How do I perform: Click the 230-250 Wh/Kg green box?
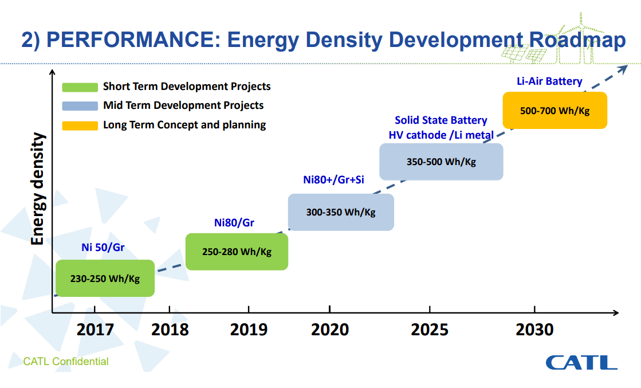(x=105, y=279)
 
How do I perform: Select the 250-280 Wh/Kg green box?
(x=237, y=252)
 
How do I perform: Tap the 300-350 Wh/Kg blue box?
(x=341, y=212)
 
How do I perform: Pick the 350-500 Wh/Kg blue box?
(x=441, y=162)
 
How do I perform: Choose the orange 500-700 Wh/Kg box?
(x=555, y=111)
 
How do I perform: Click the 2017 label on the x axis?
(x=95, y=330)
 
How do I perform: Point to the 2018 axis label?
(x=170, y=330)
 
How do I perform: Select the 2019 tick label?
(x=249, y=330)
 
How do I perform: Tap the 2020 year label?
(x=330, y=330)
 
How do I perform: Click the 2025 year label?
(x=430, y=330)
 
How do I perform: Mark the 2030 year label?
(x=534, y=330)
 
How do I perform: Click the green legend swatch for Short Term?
(x=80, y=87)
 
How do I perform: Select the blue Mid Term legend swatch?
(x=80, y=106)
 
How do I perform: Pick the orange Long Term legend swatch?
(x=80, y=125)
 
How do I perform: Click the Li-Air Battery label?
(x=549, y=81)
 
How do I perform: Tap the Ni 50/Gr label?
(x=103, y=248)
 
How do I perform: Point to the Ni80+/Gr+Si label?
(x=333, y=179)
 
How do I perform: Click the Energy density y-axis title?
(x=38, y=189)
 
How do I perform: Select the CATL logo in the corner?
(x=581, y=362)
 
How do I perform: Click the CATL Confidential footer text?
(x=66, y=362)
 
